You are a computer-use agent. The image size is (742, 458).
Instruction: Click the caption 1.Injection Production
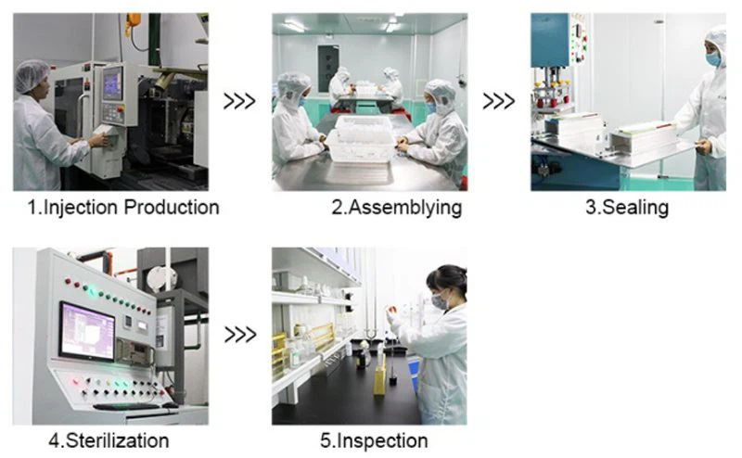click(x=122, y=208)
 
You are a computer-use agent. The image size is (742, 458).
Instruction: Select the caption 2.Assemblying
click(x=396, y=208)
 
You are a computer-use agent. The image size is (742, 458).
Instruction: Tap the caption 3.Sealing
click(x=626, y=208)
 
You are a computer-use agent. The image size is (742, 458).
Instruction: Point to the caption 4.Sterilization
click(x=109, y=439)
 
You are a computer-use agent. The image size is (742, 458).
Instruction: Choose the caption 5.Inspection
click(x=374, y=439)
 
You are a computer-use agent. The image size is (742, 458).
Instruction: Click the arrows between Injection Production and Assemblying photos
click(x=239, y=101)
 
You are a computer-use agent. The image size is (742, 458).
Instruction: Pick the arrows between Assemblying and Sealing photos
click(x=499, y=101)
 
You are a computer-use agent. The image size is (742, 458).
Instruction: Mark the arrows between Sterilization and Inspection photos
click(x=239, y=334)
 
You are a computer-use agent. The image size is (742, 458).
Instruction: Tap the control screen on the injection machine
click(x=112, y=83)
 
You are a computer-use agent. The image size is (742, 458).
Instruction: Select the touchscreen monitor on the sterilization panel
click(x=86, y=331)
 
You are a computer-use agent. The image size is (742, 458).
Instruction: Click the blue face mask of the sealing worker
click(x=712, y=58)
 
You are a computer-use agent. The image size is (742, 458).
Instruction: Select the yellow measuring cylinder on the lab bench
click(x=378, y=375)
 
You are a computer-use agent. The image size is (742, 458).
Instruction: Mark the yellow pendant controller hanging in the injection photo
click(x=134, y=21)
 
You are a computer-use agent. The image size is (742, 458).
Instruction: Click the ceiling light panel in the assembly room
click(x=294, y=25)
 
